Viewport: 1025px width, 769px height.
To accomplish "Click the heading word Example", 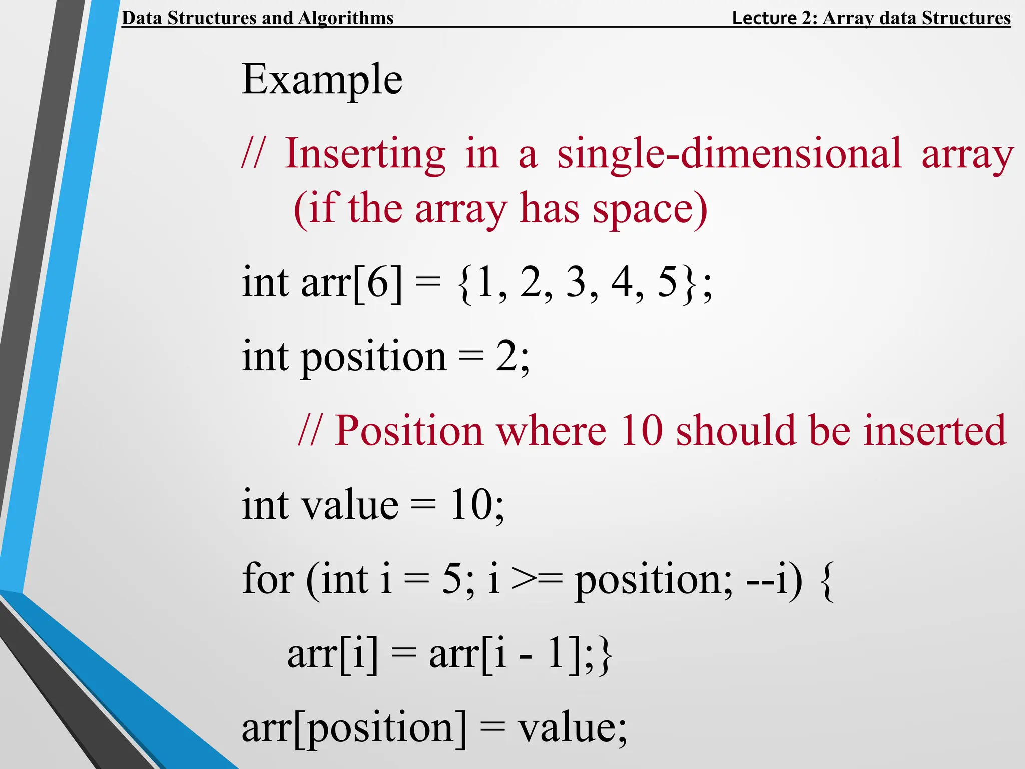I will pyautogui.click(x=322, y=79).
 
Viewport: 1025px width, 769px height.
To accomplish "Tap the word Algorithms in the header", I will pyautogui.click(x=346, y=18).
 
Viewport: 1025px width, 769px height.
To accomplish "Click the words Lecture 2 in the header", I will pyautogui.click(x=774, y=18).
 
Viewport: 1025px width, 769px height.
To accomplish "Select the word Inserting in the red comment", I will pyautogui.click(x=365, y=153).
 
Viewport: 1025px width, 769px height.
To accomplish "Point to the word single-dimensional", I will pyautogui.click(x=729, y=153).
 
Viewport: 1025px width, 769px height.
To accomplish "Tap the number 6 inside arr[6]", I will pyautogui.click(x=378, y=282).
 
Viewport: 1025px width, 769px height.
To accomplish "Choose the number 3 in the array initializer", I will pyautogui.click(x=577, y=282).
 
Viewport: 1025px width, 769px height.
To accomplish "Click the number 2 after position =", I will pyautogui.click(x=506, y=356).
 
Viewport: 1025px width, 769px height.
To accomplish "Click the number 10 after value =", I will pyautogui.click(x=471, y=505).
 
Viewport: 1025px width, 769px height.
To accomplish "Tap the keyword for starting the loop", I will pyautogui.click(x=268, y=579).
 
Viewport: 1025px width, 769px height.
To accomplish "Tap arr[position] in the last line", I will pyautogui.click(x=354, y=729).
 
